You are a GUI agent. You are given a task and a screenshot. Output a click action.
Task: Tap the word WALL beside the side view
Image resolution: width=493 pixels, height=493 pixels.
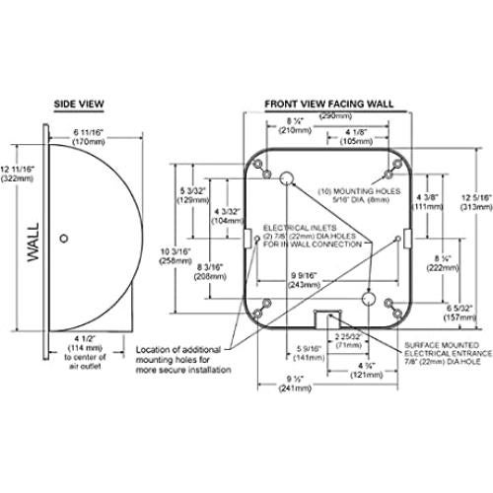pos(34,241)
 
